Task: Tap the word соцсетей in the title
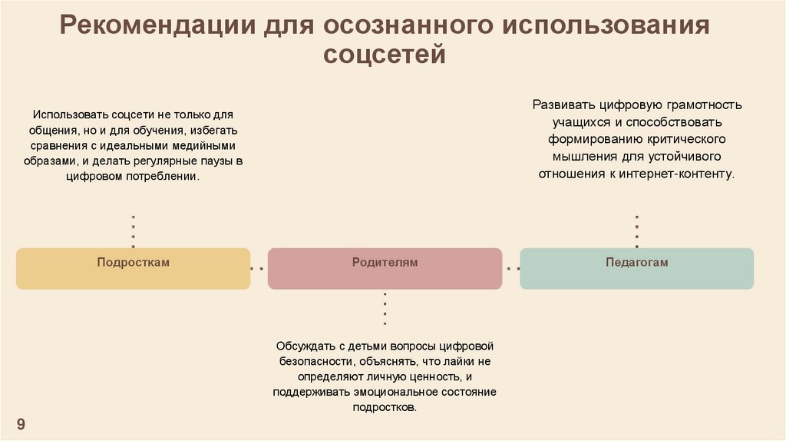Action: pos(384,55)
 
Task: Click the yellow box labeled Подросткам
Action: pos(133,268)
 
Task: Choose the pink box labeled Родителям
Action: pos(385,268)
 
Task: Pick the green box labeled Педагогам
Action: pos(636,268)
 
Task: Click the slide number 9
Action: pos(21,425)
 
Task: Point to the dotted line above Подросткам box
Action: pos(134,230)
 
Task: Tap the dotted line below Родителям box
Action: pos(385,308)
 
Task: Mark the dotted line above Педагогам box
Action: pos(636,230)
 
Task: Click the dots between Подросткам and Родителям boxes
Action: pos(259,268)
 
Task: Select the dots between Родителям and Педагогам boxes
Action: pos(511,268)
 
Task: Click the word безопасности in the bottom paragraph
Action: pos(312,361)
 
